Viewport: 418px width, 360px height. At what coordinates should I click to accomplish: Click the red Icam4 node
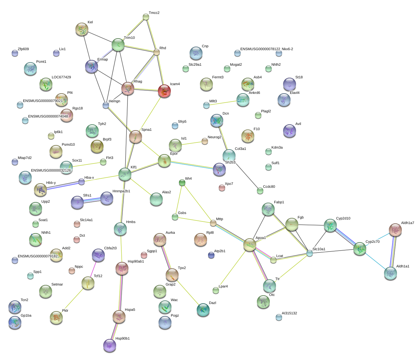[164, 91]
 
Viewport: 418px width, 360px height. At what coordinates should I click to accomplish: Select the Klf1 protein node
[125, 174]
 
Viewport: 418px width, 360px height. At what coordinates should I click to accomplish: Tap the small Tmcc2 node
[146, 17]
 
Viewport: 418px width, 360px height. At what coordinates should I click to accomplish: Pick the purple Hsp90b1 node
[110, 345]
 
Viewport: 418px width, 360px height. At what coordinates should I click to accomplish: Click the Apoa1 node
[250, 245]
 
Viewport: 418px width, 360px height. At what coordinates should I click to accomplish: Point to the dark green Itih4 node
[182, 183]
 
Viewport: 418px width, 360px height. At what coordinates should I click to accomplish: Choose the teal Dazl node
[203, 310]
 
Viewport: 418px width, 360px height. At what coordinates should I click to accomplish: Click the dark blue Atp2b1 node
[211, 255]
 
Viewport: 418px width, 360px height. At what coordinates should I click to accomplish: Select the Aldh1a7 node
[395, 230]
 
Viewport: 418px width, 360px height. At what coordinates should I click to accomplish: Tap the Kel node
[82, 29]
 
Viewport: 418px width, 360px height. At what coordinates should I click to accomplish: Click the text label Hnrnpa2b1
[121, 191]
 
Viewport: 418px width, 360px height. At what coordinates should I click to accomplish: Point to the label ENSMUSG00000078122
[260, 49]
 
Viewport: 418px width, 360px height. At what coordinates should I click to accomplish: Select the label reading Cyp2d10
[343, 218]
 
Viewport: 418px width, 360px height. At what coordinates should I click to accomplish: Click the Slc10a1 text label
[319, 249]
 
